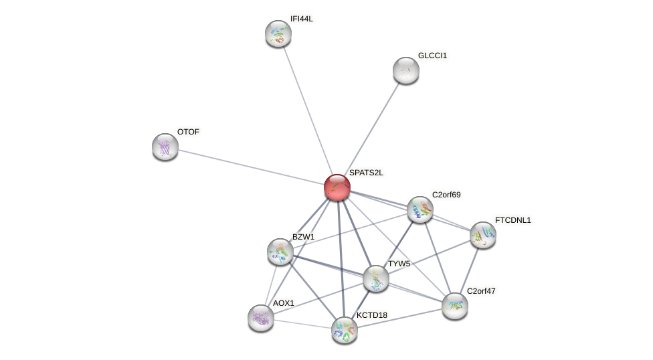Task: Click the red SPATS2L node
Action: point(337,187)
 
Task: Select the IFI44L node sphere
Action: point(278,33)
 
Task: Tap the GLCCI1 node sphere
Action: point(406,70)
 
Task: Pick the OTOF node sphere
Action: point(165,147)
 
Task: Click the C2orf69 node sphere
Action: point(420,209)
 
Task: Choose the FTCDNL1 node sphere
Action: point(483,235)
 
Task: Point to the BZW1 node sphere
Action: point(280,252)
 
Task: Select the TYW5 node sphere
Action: point(376,278)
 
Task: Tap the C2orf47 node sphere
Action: point(455,306)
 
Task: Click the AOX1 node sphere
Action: point(261,318)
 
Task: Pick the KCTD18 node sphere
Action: point(345,330)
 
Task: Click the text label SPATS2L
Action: point(366,173)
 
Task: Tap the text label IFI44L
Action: point(301,19)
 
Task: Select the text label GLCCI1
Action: point(432,56)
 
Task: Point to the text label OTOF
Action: point(188,132)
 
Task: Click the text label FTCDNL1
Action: point(512,220)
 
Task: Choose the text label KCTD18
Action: point(371,315)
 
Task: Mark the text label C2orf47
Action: point(480,291)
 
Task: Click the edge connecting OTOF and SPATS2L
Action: point(251,167)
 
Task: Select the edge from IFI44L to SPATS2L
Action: point(308,110)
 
